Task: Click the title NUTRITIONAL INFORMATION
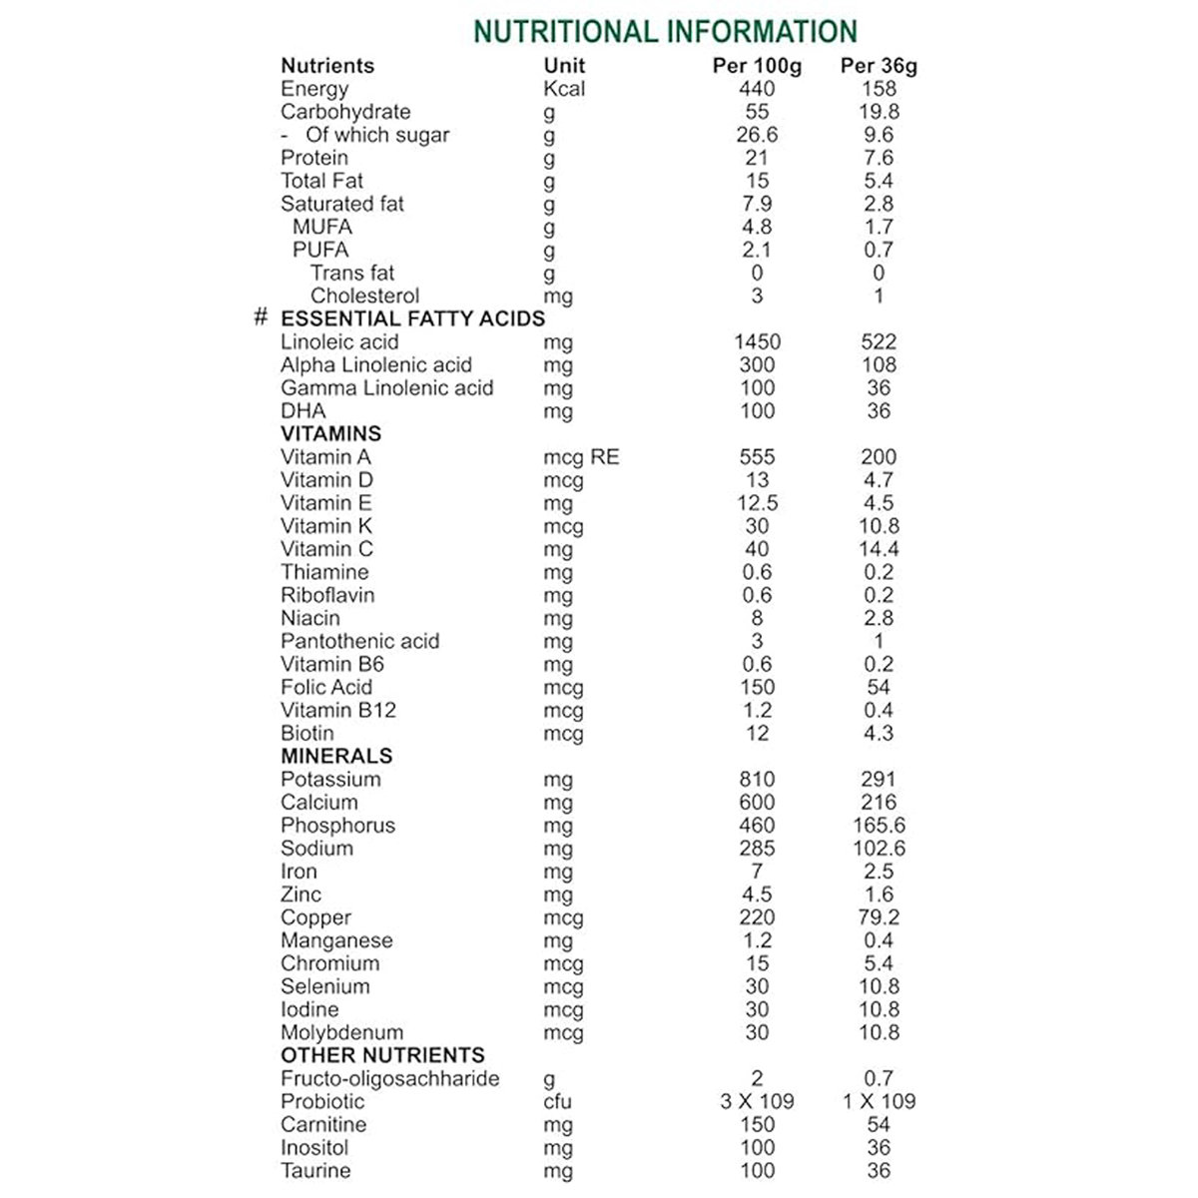[665, 31]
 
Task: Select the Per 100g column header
[757, 66]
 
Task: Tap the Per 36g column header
[879, 66]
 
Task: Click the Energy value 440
[757, 89]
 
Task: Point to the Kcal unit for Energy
[565, 89]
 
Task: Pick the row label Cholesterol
[364, 296]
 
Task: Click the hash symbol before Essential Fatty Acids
[262, 317]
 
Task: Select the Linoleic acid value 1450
[757, 341]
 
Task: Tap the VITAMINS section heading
[330, 433]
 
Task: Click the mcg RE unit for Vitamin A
[581, 457]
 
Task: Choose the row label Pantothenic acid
[359, 641]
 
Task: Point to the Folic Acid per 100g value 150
[757, 687]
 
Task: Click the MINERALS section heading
[336, 756]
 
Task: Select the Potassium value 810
[757, 779]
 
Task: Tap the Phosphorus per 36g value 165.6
[879, 825]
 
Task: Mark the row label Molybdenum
[341, 1032]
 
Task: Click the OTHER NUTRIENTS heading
[382, 1055]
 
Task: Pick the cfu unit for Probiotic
[558, 1101]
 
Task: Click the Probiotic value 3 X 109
[757, 1101]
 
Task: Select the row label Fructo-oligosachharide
[389, 1078]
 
